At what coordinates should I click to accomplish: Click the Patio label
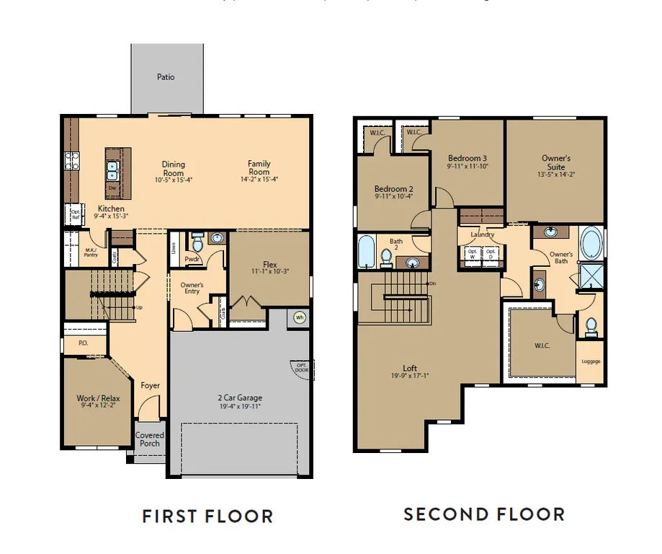(x=166, y=77)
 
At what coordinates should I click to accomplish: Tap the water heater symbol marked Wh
(x=299, y=317)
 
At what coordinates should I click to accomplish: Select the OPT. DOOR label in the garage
(x=301, y=367)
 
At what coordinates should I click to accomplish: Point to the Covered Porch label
(x=150, y=439)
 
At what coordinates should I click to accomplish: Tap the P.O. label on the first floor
(x=84, y=343)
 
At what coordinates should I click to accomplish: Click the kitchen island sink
(x=112, y=170)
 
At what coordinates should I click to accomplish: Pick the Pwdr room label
(x=192, y=258)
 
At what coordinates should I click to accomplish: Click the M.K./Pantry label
(x=91, y=252)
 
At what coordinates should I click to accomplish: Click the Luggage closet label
(x=591, y=361)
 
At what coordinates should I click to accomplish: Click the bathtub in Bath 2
(x=365, y=252)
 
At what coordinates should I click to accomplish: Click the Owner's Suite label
(x=555, y=162)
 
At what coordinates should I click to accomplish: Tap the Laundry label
(x=482, y=235)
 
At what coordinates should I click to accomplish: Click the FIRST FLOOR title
(x=207, y=516)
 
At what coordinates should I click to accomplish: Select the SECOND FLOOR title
(x=483, y=514)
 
